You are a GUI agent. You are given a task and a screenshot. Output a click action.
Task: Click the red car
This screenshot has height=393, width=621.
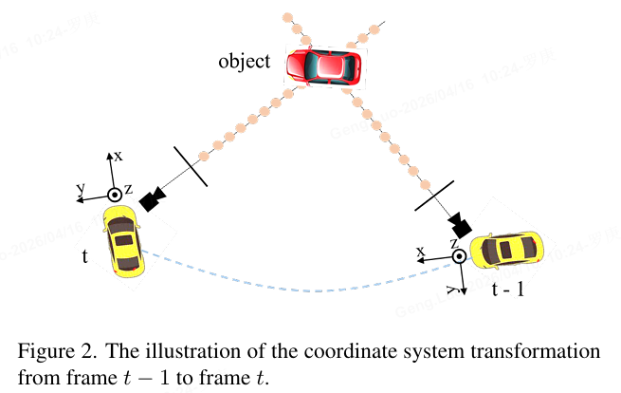tap(324, 67)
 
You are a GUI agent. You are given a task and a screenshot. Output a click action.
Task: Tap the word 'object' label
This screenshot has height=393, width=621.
tap(244, 63)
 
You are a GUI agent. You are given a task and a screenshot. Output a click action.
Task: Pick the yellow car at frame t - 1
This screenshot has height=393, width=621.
tap(509, 251)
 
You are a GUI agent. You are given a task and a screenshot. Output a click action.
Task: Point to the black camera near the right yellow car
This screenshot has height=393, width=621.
tap(460, 225)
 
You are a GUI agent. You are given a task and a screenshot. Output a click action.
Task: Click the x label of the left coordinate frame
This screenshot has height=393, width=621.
tap(119, 153)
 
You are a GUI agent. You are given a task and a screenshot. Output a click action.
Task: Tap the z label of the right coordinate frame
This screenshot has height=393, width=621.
tap(455, 243)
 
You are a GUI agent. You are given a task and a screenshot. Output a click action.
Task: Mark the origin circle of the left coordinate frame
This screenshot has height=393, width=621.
tap(114, 195)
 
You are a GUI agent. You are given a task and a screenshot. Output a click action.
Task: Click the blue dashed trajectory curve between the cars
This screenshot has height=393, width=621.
tap(313, 288)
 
